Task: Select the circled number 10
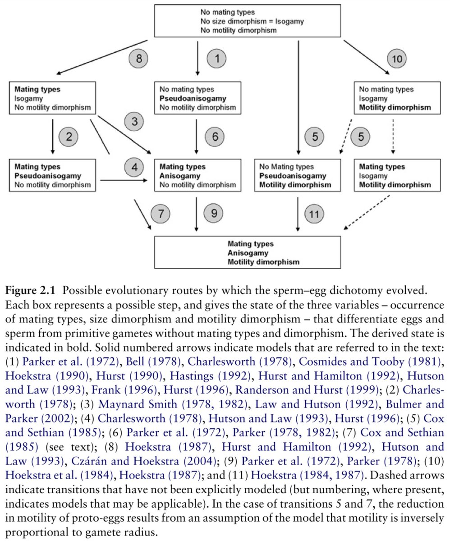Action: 397,58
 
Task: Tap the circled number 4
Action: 133,166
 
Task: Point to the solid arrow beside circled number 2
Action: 53,135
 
